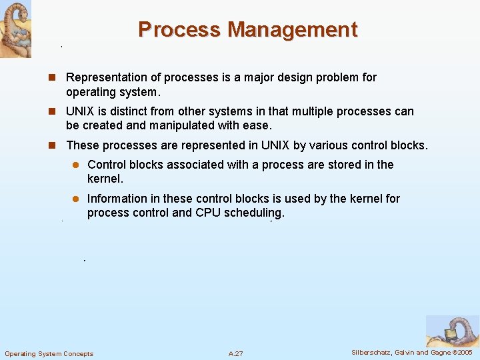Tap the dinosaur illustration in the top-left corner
pyautogui.click(x=15, y=29)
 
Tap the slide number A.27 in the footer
pyautogui.click(x=235, y=353)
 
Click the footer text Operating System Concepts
pyautogui.click(x=49, y=353)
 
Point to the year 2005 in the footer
pyautogui.click(x=463, y=352)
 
